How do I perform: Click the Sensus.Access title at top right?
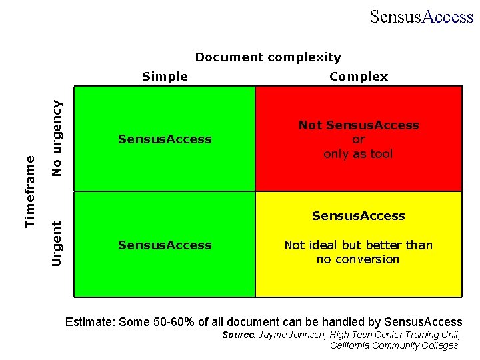coord(421,17)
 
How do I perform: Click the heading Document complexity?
coord(267,57)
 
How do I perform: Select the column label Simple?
coord(165,77)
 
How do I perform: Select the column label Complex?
coord(359,77)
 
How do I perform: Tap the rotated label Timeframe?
coord(30,191)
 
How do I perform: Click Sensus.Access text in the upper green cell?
coord(165,139)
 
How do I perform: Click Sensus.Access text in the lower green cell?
coord(165,245)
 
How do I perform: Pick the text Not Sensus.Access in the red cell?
coord(359,125)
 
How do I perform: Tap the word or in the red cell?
coord(359,139)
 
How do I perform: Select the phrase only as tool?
coord(359,154)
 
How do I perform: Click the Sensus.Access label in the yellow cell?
coord(359,216)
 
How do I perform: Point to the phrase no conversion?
coord(359,259)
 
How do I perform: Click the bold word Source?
coord(238,335)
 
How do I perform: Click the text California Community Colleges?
coord(394,345)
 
